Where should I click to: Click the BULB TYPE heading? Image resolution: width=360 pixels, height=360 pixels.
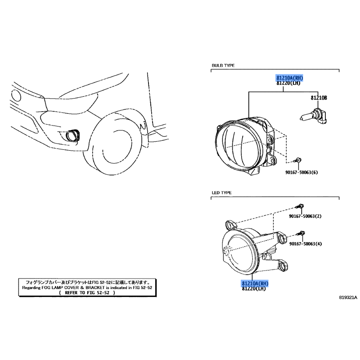coord(223,65)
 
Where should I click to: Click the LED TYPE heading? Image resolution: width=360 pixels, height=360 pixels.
coord(221,193)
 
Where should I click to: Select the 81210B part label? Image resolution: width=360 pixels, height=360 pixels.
coord(319,98)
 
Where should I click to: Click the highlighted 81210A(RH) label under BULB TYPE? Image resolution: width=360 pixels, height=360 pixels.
coord(289,78)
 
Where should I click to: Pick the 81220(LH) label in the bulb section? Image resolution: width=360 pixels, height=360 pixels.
coord(288,83)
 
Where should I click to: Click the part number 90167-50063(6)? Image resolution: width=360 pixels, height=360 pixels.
coord(301,172)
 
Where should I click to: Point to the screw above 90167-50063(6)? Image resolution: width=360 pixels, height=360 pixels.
coord(297,160)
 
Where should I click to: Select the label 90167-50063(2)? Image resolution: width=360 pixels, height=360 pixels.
coord(305,216)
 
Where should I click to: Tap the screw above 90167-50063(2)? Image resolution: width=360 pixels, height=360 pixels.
coord(300,206)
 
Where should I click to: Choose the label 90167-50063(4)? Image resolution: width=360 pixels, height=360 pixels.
coord(306,243)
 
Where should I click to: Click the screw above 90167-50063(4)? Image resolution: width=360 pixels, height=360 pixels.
coord(301,234)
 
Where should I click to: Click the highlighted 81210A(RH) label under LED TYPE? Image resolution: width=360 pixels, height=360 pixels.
coord(255,283)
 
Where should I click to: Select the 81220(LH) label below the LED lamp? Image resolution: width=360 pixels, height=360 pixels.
coord(254,288)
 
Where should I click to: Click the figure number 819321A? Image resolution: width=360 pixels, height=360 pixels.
coord(348,297)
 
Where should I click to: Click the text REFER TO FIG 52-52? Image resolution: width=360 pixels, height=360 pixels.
coord(87,293)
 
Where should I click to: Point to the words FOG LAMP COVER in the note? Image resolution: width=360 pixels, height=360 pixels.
coord(60,288)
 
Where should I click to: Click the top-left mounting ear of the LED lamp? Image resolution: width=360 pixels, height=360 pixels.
coord(230,224)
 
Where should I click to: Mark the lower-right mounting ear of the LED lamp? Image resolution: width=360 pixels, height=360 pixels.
coord(283,265)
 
